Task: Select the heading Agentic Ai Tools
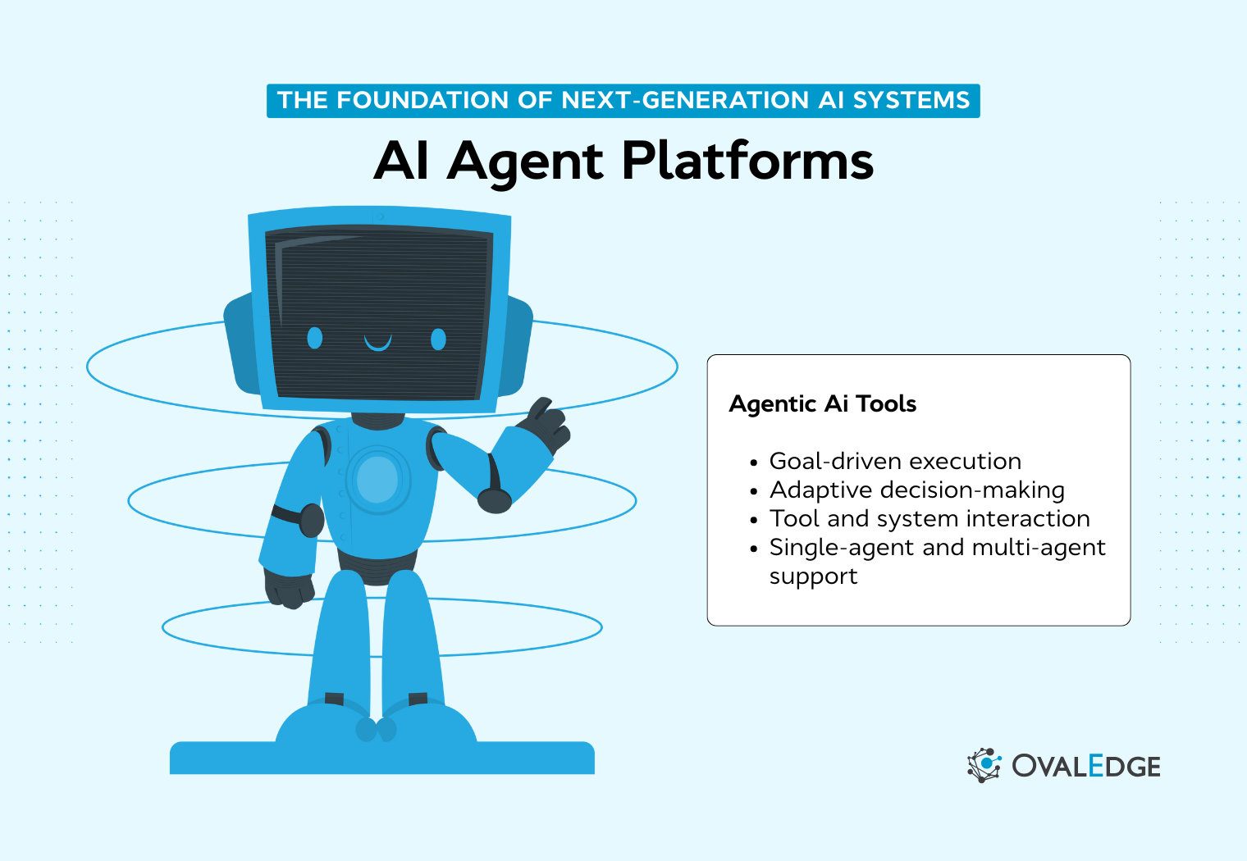[x=822, y=403]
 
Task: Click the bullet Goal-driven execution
[x=895, y=461]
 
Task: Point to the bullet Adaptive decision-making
[x=916, y=490]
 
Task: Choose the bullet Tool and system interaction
[x=929, y=518]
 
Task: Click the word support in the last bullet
[x=813, y=576]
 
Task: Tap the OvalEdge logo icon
[x=984, y=765]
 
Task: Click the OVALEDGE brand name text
[x=1085, y=766]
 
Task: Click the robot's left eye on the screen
[x=314, y=337]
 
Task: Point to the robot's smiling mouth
[x=377, y=343]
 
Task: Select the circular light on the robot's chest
[x=377, y=480]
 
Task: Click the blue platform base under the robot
[x=381, y=758]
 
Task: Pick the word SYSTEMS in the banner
[x=911, y=100]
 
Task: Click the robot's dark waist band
[x=377, y=566]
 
